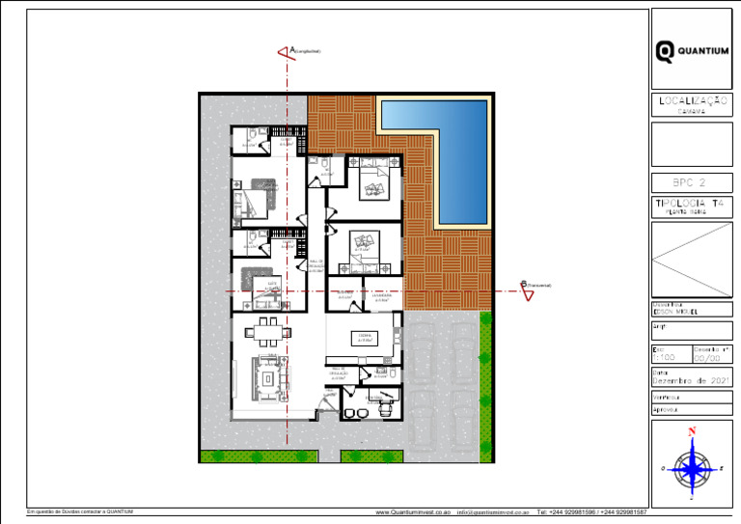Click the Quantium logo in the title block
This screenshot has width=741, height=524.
pyautogui.click(x=691, y=51)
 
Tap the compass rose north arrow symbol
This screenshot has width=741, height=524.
pyautogui.click(x=691, y=467)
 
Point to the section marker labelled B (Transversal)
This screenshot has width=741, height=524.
pyautogui.click(x=527, y=290)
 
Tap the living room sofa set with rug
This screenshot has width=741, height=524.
pyautogui.click(x=266, y=378)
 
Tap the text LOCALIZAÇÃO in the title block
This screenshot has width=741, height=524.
pyautogui.click(x=691, y=100)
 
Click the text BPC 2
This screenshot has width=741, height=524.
pyautogui.click(x=691, y=182)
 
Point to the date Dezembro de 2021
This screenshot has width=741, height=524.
pyautogui.click(x=691, y=382)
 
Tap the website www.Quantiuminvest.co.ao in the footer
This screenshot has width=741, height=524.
pyautogui.click(x=413, y=512)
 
